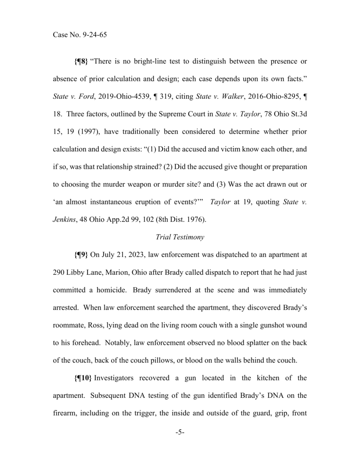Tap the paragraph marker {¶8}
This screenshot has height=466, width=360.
point(82,62)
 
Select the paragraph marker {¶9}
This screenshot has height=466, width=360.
point(82,255)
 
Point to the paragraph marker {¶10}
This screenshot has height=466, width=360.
point(83,378)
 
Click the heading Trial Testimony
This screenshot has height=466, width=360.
point(180,237)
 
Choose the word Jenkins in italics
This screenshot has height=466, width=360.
point(64,219)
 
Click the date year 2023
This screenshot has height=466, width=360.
point(134,255)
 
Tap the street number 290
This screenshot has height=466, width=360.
point(59,272)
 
